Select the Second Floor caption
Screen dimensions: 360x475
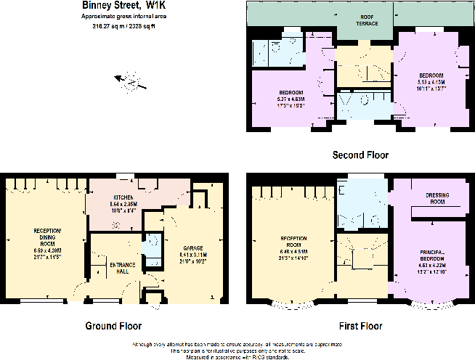click(x=360, y=155)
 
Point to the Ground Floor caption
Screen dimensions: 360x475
click(x=113, y=326)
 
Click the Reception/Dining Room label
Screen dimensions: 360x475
click(x=48, y=240)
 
